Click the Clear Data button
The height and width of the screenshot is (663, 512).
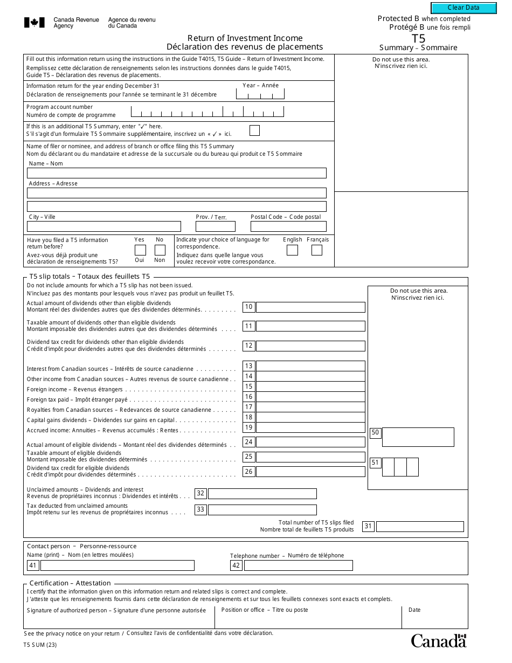[463, 8]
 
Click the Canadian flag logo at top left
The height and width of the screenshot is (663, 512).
[34, 23]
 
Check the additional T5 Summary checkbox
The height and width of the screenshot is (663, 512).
[254, 130]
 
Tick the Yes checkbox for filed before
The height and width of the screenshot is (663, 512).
[140, 250]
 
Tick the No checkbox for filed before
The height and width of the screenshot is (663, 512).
[160, 250]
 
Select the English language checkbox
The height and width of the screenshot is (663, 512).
[292, 250]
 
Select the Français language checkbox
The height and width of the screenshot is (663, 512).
[317, 250]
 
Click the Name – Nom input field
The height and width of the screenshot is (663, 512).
[176, 173]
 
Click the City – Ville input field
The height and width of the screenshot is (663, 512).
[103, 226]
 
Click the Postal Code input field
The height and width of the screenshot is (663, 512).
[288, 226]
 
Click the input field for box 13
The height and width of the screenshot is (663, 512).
[310, 366]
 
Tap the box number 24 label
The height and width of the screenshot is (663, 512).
[248, 442]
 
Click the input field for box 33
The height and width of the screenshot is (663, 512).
[262, 509]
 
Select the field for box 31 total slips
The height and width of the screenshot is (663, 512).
[420, 527]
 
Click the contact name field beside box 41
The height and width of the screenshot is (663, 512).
[117, 565]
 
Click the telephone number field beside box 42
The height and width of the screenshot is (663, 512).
[298, 565]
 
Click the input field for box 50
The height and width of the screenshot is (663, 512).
[418, 437]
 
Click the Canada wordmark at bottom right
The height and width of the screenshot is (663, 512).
[438, 640]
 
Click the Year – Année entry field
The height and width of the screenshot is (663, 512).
[260, 94]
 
